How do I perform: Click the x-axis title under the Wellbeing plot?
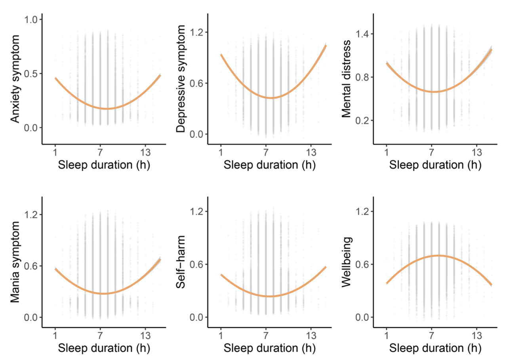[435, 348]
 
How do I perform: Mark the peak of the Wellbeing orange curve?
[438, 255]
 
